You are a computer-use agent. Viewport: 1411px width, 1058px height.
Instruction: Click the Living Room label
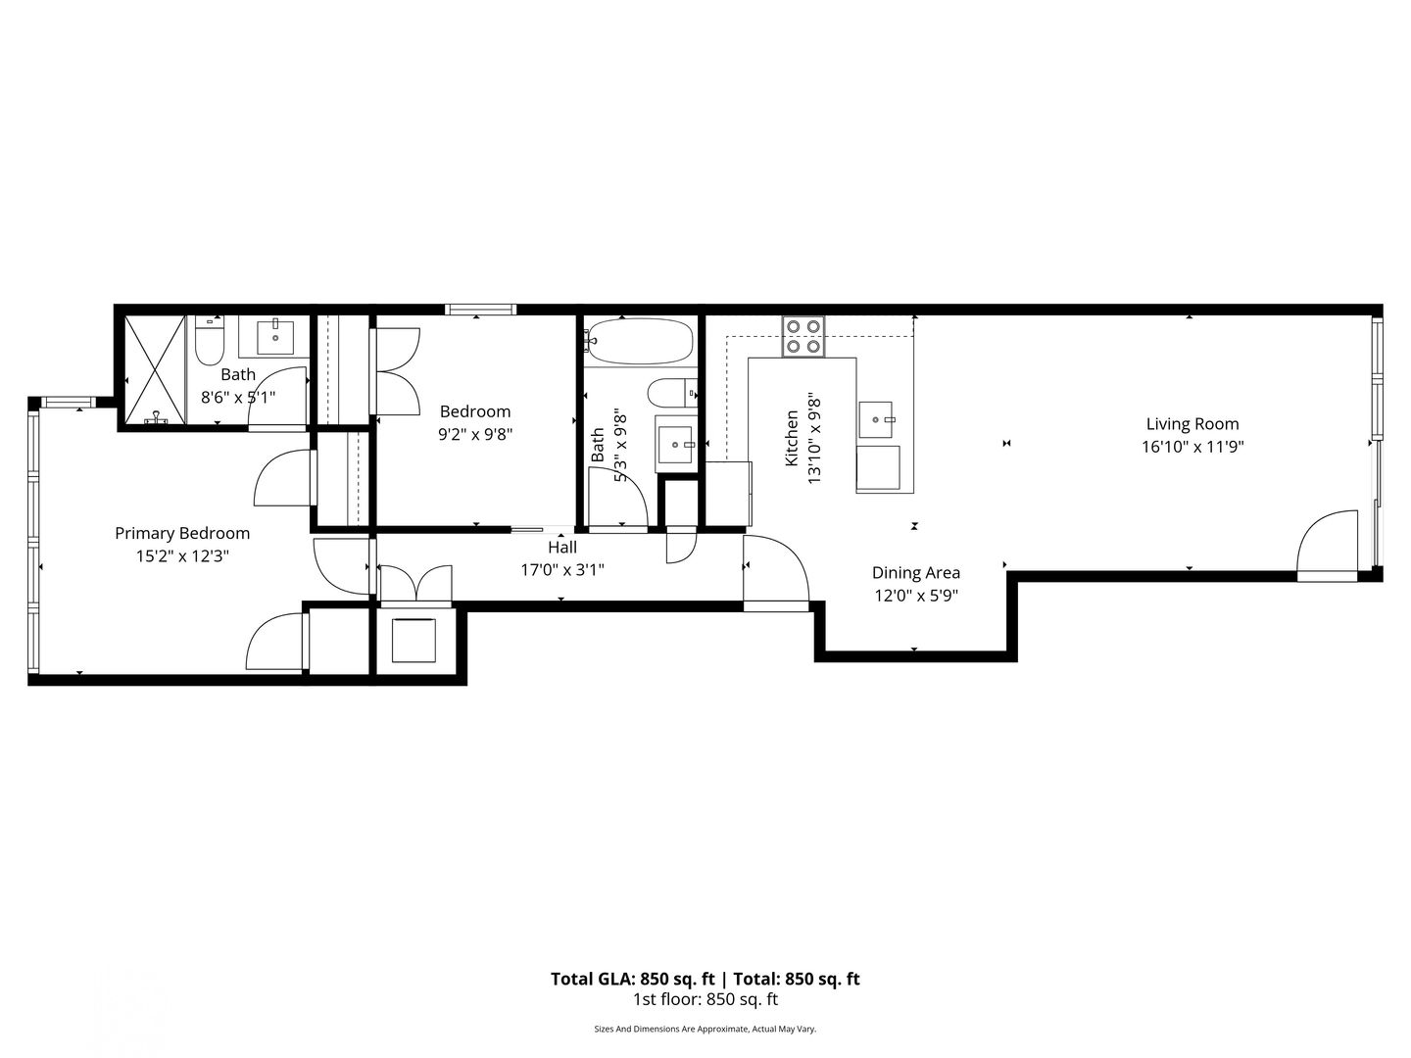[x=1192, y=424]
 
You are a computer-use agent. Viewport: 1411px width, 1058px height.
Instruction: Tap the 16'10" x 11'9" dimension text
[x=1192, y=447]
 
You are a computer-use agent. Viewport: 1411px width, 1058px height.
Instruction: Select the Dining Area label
[x=915, y=572]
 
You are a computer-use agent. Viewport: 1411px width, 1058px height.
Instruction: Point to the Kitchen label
[x=792, y=438]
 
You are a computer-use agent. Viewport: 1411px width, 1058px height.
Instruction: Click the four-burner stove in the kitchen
[x=803, y=337]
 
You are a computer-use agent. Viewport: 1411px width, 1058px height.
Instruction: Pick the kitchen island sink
[x=876, y=419]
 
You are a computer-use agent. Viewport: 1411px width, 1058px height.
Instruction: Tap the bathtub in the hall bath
[x=640, y=342]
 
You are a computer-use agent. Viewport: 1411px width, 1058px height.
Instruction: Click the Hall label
[x=561, y=548]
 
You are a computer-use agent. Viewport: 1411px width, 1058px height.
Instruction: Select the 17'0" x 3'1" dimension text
[x=562, y=570]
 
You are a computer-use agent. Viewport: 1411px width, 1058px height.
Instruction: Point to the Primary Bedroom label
[x=182, y=533]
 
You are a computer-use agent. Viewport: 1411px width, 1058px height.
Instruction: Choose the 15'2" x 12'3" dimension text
[x=182, y=555]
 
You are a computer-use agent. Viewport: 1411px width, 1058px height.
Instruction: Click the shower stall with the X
[x=154, y=370]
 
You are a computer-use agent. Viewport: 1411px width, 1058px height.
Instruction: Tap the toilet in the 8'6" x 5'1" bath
[x=210, y=342]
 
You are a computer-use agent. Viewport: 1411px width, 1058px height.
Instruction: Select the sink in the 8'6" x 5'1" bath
[x=275, y=337]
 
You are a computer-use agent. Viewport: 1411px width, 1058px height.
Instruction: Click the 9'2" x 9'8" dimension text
[x=475, y=434]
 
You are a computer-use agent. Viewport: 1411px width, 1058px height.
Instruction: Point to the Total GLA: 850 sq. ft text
[x=633, y=979]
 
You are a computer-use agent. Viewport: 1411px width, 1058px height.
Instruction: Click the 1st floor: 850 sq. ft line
[x=705, y=999]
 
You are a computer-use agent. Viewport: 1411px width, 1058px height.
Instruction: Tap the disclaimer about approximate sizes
[x=705, y=1029]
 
